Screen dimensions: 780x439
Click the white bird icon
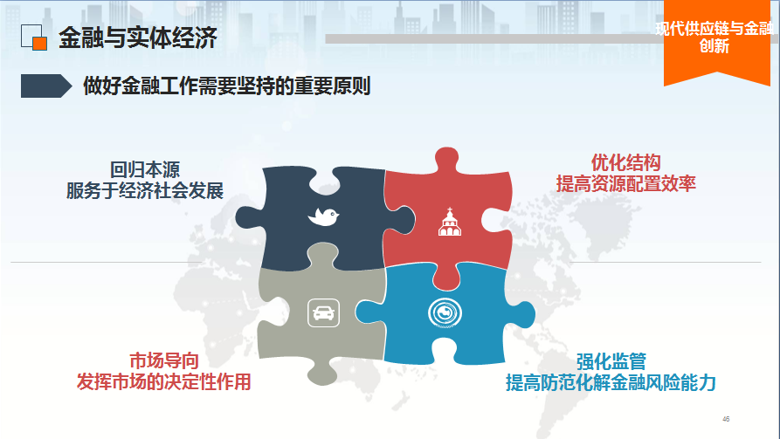pos(323,216)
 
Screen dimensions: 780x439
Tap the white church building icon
pos(450,222)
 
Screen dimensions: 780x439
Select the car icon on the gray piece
pos(323,312)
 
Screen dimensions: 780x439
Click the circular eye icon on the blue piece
pos(445,312)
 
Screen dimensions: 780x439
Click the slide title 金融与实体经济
pos(138,38)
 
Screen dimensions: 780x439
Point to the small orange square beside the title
pos(40,44)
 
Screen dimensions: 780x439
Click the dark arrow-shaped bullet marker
pos(46,86)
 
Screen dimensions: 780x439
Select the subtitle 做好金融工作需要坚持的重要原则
pos(226,86)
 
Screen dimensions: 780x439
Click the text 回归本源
pos(145,169)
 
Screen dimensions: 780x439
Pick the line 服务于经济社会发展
pos(145,190)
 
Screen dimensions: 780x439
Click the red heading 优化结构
pos(625,162)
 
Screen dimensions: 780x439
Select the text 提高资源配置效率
pos(625,183)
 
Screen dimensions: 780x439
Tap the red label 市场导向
pos(164,360)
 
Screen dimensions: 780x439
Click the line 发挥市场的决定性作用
pos(163,381)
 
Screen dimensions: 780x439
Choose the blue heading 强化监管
pos(611,361)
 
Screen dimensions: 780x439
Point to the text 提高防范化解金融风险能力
pos(611,383)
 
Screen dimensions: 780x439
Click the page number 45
pos(726,419)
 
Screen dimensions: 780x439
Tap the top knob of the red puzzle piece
pos(446,159)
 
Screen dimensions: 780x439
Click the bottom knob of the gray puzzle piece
pos(322,374)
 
